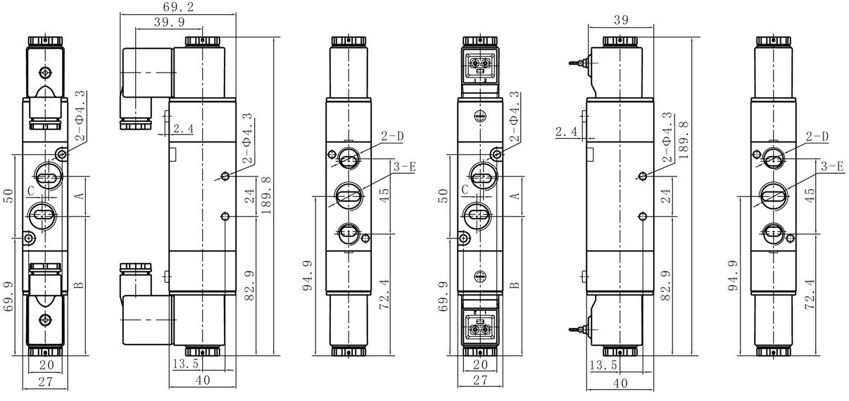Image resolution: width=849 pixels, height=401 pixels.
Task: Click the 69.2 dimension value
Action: (178, 7)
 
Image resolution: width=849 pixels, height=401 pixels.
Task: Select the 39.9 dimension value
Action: (170, 22)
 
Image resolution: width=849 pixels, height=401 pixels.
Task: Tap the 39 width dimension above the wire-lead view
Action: (621, 20)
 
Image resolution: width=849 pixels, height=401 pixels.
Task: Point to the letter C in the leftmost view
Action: (31, 191)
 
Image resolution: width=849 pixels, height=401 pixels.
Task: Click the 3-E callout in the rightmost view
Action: (832, 166)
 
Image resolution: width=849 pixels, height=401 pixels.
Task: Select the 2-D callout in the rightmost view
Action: (817, 136)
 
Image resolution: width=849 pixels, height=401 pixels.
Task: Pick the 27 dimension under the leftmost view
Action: (46, 382)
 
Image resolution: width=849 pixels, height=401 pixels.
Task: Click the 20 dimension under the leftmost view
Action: (46, 365)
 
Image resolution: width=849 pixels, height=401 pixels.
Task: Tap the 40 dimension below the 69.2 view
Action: (203, 380)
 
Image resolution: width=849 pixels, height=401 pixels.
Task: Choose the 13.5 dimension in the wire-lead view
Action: (603, 365)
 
